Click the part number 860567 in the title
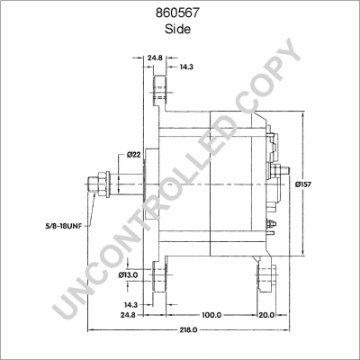[177, 13]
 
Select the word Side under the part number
[177, 29]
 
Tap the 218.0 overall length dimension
[188, 330]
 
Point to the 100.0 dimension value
[211, 315]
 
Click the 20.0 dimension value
[266, 315]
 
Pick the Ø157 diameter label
[302, 184]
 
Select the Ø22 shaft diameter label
[134, 155]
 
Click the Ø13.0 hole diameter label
[128, 274]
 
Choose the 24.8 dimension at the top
[155, 57]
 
